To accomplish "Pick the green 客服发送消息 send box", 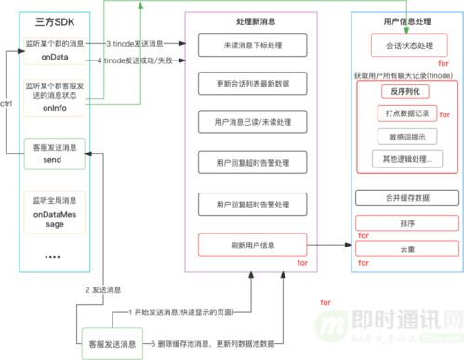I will [x=57, y=153].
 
